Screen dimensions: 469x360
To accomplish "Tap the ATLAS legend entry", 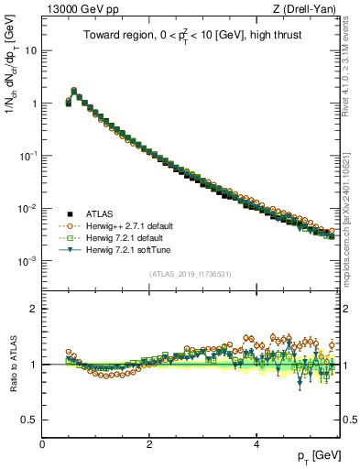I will pyautogui.click(x=100, y=213).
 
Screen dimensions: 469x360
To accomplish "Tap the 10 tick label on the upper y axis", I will pyautogui.click(x=30, y=50).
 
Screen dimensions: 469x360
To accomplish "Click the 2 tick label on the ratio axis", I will pyautogui.click(x=33, y=309).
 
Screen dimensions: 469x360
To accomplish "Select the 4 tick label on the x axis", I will pyautogui.click(x=256, y=444).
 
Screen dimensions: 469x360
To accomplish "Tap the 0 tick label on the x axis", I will pyautogui.click(x=42, y=444).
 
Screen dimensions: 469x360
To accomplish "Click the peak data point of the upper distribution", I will pyautogui.click(x=73, y=91).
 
